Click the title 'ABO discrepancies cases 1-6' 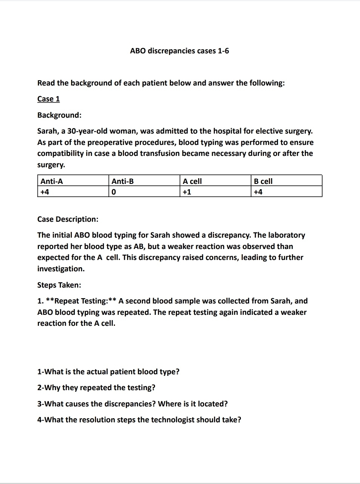179,51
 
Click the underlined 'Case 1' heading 48,99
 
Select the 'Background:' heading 59,115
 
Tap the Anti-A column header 52,181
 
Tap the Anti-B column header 123,181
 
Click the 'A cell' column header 192,181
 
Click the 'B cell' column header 263,181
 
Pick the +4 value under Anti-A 45,192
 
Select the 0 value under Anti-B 114,192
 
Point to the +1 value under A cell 187,192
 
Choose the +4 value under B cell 258,192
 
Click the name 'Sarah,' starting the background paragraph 48,131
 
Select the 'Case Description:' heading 68,219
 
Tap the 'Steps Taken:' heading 59,285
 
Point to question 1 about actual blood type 108,372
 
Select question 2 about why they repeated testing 96,388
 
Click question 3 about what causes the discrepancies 132,404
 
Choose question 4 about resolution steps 139,420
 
